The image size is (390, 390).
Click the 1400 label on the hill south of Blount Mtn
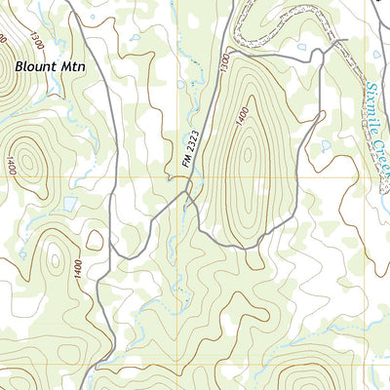pos(11,165)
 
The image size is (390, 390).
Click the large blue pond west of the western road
pos(69,205)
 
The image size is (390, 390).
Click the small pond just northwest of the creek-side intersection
pos(303,46)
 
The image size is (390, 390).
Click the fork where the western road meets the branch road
pos(111,255)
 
